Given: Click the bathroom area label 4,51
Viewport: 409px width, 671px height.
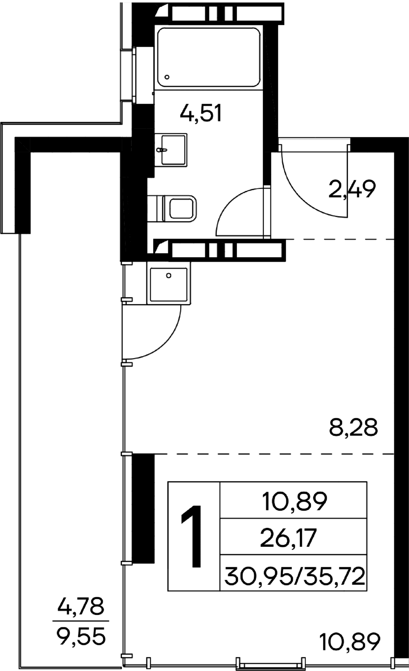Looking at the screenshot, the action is (201, 113).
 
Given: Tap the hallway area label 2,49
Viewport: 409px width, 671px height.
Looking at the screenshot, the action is (352, 189).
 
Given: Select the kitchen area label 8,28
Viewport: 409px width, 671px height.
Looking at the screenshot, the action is (353, 427).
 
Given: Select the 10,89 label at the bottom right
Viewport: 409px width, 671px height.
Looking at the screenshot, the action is (350, 641).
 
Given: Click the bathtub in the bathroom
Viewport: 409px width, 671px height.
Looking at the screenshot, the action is (209, 57).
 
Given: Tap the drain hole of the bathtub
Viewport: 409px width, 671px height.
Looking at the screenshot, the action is (167, 77).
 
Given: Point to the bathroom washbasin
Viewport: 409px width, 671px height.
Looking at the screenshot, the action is (171, 150).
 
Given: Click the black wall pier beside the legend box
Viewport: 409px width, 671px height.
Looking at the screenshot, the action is (143, 508).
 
